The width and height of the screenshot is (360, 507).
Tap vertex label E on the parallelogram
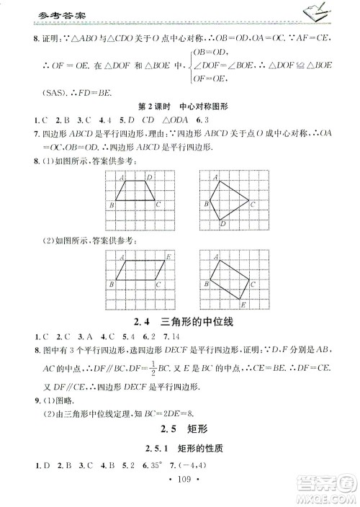[x=166, y=256]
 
